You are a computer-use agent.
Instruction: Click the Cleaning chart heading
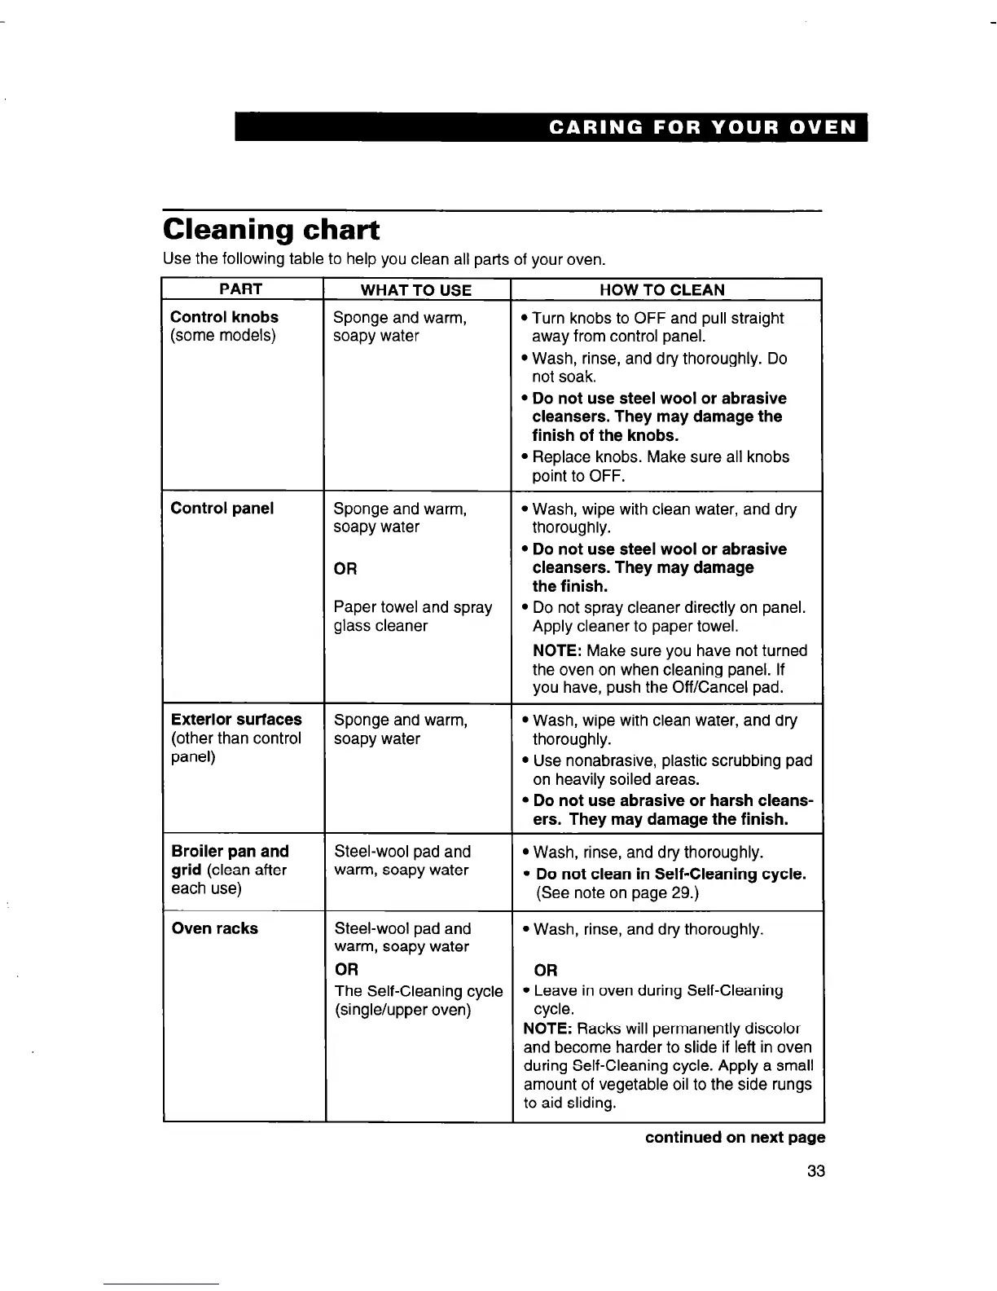tap(270, 230)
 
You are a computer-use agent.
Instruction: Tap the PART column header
tap(241, 289)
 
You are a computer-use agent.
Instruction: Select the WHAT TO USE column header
tap(415, 290)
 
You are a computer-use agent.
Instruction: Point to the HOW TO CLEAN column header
tap(661, 290)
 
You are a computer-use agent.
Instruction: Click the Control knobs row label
tap(224, 317)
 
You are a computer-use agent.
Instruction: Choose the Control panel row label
tap(222, 509)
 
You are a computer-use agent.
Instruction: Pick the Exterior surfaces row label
tap(236, 720)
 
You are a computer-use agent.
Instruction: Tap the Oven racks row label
tap(214, 928)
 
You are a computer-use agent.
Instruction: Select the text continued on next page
tap(735, 1137)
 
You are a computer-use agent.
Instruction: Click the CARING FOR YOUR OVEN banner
tap(703, 128)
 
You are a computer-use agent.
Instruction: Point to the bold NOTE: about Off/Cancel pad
tap(556, 650)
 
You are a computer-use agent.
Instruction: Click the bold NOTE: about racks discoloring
tap(547, 1029)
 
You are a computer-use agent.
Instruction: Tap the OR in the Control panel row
tap(345, 568)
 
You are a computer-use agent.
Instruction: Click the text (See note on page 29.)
tap(617, 892)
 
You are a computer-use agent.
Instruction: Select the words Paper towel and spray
tap(413, 607)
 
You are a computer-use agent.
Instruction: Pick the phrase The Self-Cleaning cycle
tap(418, 991)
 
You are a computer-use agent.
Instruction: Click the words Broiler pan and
tap(230, 852)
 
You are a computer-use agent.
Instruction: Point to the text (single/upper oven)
tap(402, 1010)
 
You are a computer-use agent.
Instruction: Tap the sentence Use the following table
tap(384, 260)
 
